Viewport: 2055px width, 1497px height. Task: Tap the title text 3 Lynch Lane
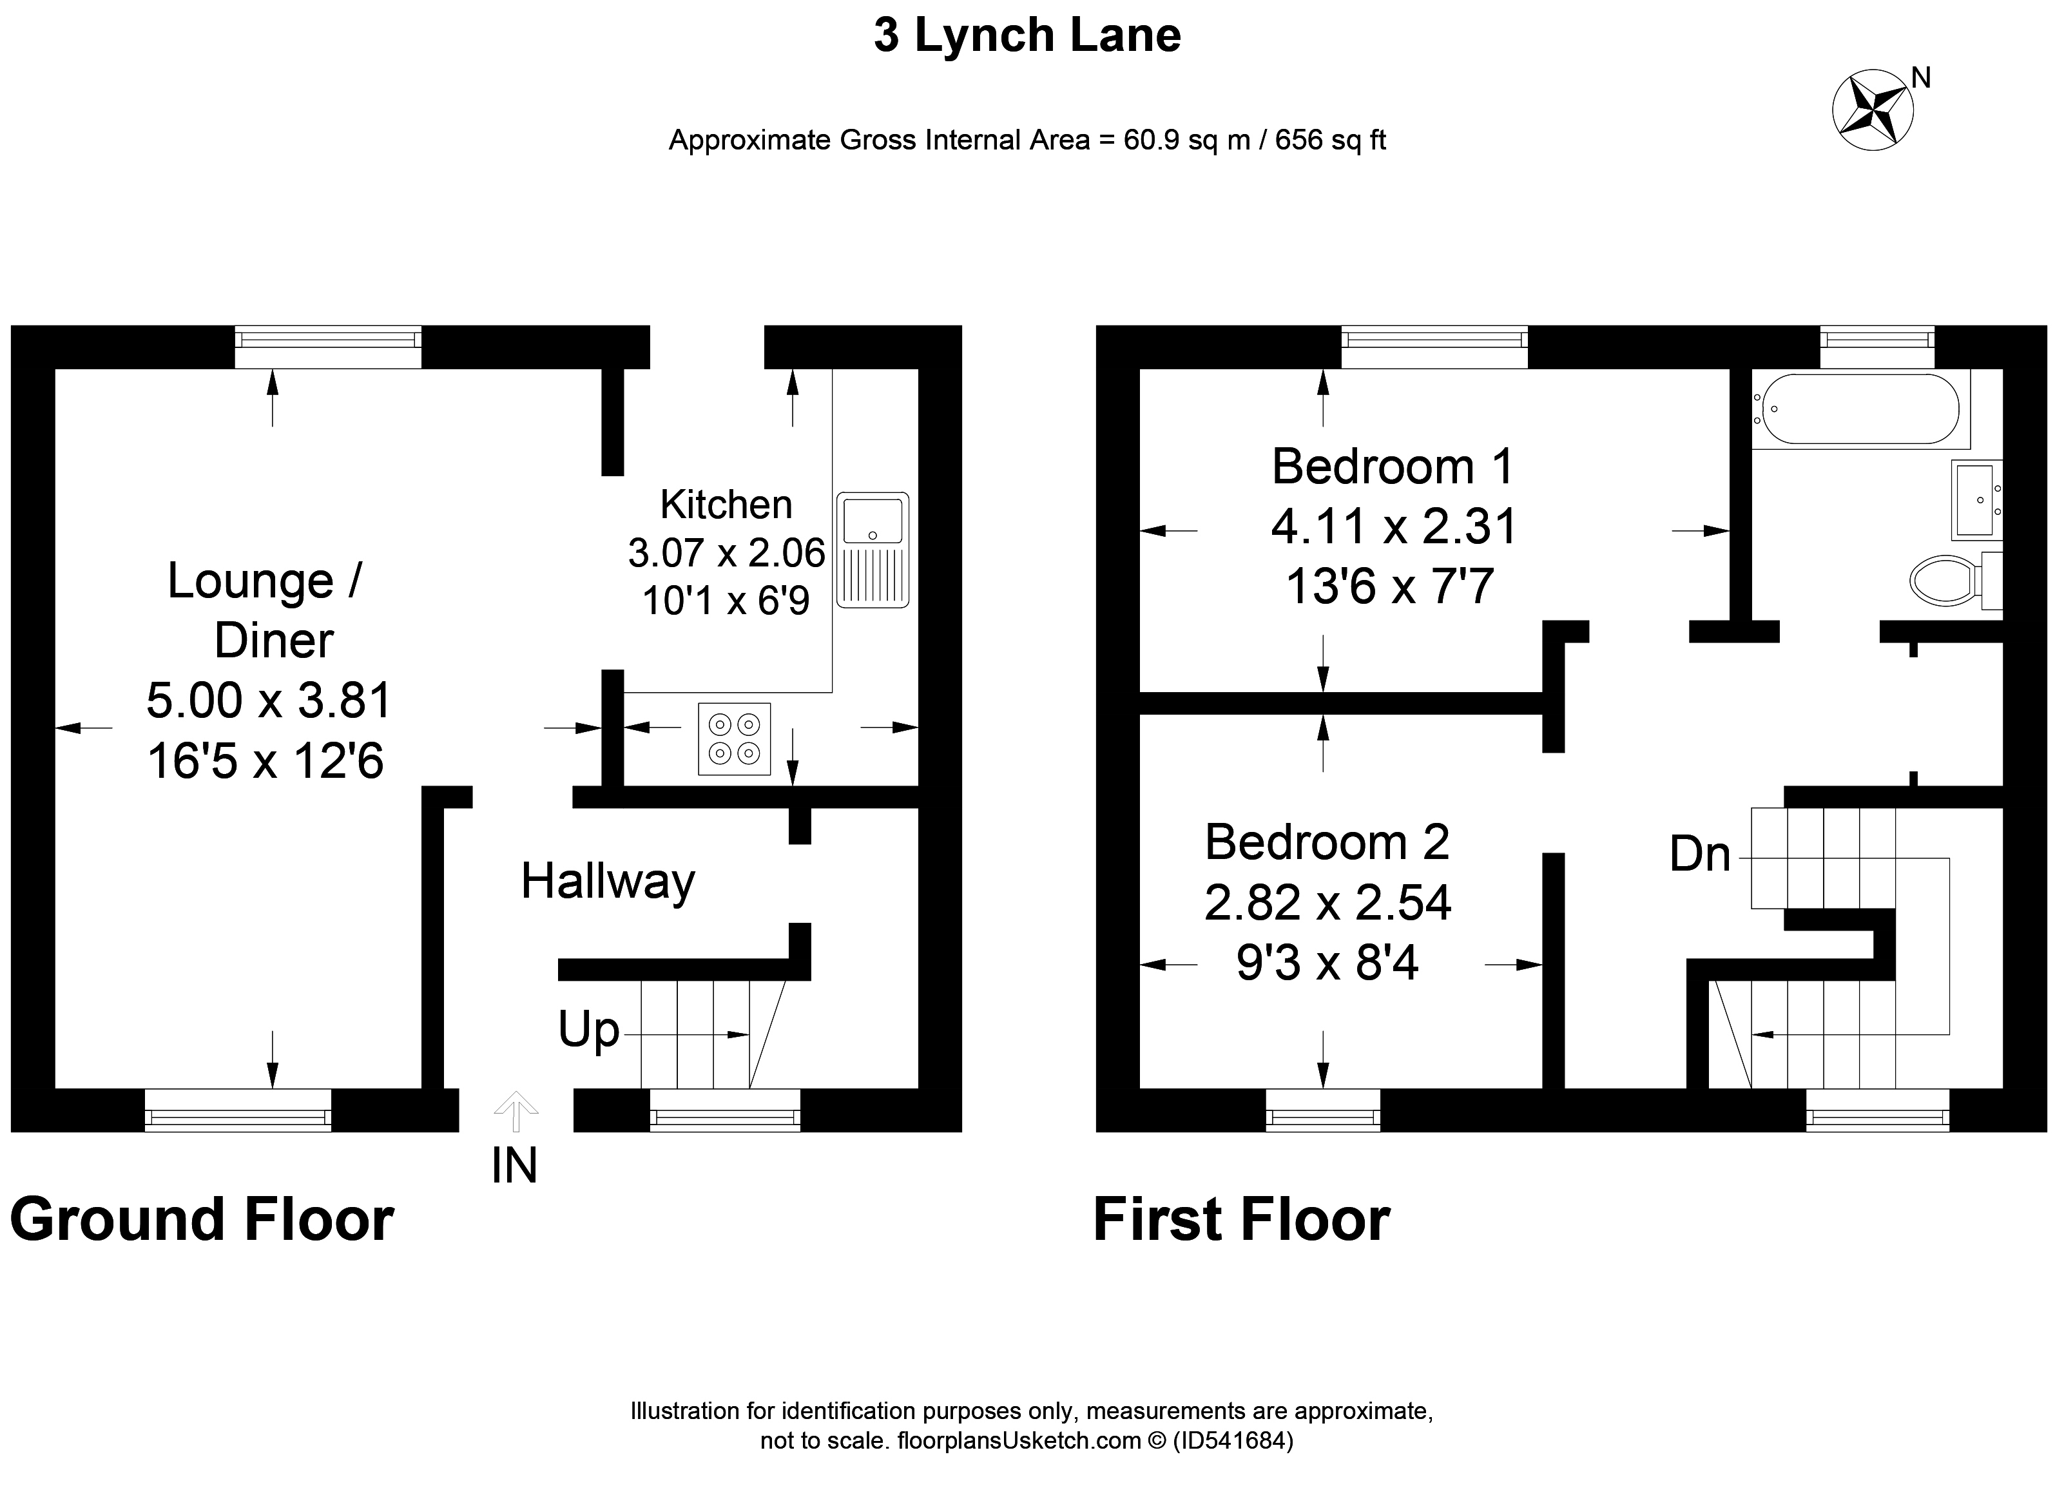point(1027,35)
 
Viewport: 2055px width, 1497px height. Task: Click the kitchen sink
point(873,549)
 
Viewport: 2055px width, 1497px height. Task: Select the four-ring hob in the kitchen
point(734,739)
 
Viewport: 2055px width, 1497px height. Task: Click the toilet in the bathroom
point(1954,579)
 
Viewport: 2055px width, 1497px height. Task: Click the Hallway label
point(608,881)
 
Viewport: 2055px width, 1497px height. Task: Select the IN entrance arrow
point(516,1112)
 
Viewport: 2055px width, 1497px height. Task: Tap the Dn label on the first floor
point(1700,854)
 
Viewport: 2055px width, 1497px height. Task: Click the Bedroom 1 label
point(1393,467)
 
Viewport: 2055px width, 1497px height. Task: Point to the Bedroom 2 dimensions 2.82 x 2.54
point(1327,903)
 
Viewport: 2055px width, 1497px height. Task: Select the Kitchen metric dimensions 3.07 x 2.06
point(727,553)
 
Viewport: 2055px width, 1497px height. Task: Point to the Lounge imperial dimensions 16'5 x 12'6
point(265,760)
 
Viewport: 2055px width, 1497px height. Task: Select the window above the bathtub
point(1877,347)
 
